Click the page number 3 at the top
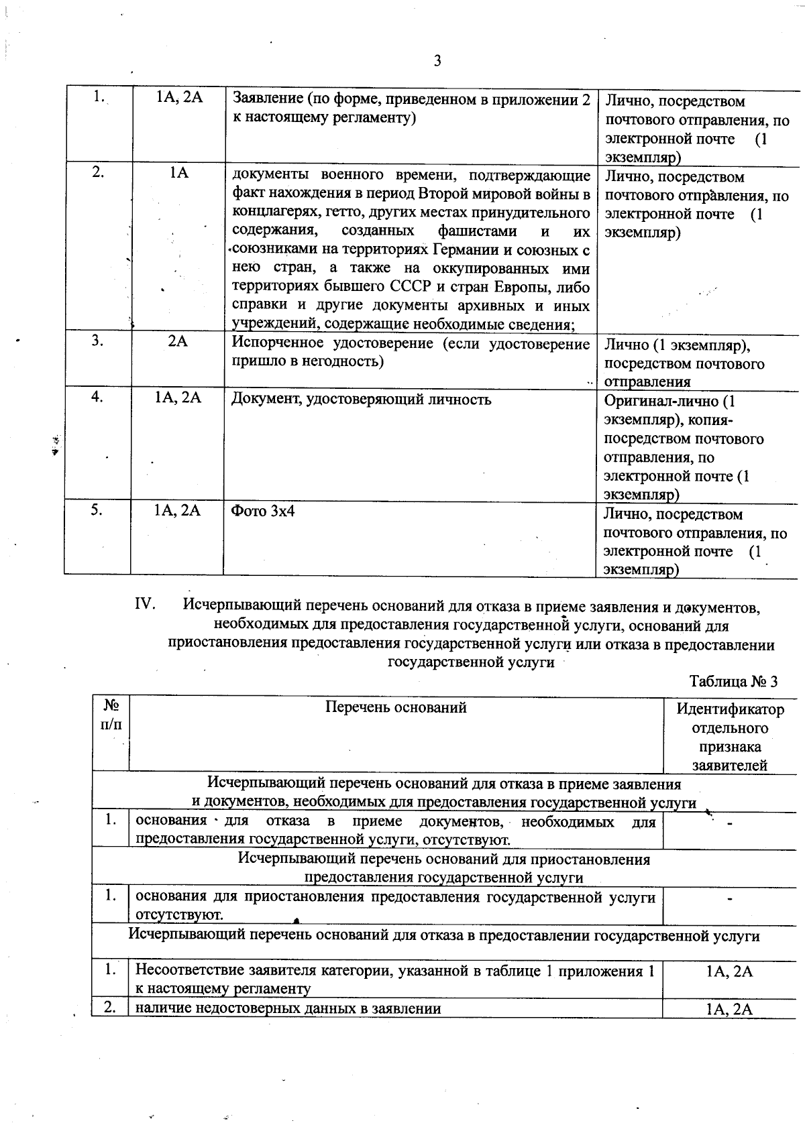pos(437,62)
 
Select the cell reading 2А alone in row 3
pos(178,341)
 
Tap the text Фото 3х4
pos(263,511)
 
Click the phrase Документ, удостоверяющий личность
pos(361,400)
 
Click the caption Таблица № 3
pos(733,682)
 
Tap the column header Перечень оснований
pos(396,707)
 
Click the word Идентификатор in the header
pos(730,709)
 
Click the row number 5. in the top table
pos(97,510)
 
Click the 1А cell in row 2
pos(178,172)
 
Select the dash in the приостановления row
pos(729,898)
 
